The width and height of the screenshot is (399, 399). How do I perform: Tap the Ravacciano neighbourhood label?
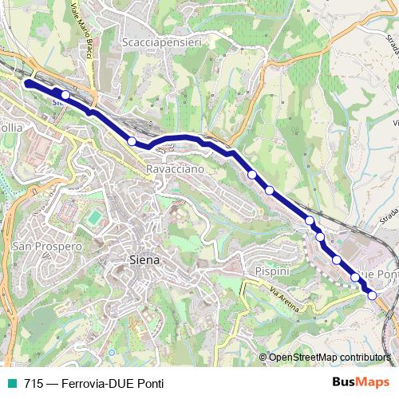click(x=175, y=169)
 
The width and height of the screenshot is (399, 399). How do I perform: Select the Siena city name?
click(x=144, y=259)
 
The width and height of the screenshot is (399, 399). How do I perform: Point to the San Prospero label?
click(x=47, y=247)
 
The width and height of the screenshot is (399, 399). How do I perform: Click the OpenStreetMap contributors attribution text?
click(x=330, y=357)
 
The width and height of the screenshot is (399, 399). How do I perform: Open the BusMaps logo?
click(x=361, y=382)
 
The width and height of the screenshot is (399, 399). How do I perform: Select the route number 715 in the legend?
click(x=34, y=383)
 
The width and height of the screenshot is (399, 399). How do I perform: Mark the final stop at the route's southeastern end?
click(x=372, y=295)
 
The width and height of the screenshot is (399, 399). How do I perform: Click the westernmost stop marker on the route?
click(x=65, y=95)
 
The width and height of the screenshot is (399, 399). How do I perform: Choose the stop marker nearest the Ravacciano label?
click(x=132, y=140)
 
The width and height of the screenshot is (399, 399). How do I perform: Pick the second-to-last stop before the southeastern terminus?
click(x=355, y=278)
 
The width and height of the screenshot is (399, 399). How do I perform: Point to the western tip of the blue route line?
click(x=27, y=82)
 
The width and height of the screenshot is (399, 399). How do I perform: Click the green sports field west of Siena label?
click(x=95, y=217)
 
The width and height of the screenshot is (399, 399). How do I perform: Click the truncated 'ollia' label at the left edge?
click(x=11, y=127)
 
